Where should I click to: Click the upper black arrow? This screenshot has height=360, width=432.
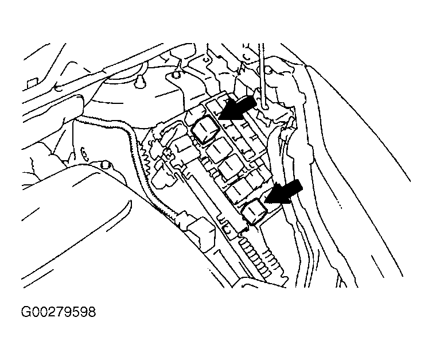point(236,110)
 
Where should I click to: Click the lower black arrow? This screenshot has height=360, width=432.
point(284,192)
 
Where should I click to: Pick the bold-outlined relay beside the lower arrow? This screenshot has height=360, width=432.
point(254,212)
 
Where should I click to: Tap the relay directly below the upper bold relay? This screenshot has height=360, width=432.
point(218,150)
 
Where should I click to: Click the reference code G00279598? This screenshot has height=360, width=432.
point(59,312)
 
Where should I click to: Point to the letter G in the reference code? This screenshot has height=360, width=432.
point(26,312)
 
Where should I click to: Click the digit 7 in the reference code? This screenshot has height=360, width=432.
point(59,312)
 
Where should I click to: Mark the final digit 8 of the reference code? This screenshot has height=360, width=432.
point(92,312)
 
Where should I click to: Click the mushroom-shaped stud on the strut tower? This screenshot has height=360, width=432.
point(139,80)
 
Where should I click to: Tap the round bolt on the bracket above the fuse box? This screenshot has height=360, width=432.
point(176,75)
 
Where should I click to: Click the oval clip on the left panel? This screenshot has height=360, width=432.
point(84,154)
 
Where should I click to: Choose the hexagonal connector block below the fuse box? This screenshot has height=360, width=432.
point(201,234)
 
